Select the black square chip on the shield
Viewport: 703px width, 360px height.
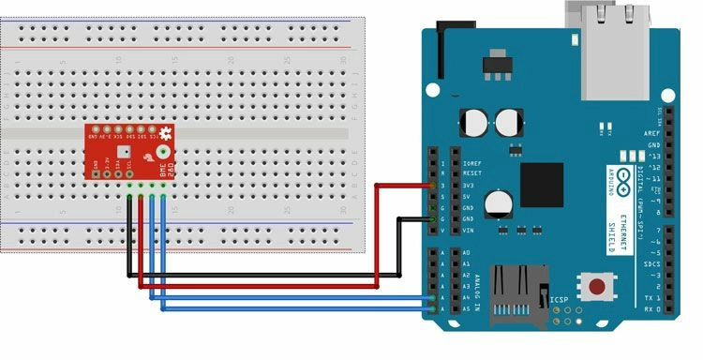(543, 184)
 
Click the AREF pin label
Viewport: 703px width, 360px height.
(653, 134)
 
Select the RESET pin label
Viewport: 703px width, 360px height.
(472, 173)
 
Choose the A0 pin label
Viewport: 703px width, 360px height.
(466, 253)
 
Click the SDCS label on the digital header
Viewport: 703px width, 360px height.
(652, 264)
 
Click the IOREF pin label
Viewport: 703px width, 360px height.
(471, 162)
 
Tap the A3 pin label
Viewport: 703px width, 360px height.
(466, 286)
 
